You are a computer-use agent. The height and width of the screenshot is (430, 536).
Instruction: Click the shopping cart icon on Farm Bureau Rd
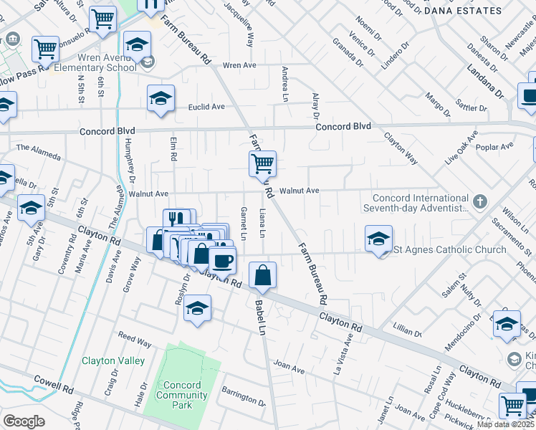coord(262,163)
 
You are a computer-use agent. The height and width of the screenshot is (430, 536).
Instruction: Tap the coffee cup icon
coord(222,260)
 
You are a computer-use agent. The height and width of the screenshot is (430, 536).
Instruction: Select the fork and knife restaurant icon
coord(176,219)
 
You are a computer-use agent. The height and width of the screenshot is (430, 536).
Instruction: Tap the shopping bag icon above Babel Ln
coord(263,274)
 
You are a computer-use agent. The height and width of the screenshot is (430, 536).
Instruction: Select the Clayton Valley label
coord(113,361)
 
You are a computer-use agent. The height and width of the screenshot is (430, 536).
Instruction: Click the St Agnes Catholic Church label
coord(450,250)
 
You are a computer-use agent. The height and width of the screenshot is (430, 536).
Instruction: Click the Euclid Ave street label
coord(206,107)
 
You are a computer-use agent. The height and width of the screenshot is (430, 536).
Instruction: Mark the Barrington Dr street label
coord(244,394)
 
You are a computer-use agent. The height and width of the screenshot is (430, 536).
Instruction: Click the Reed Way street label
coord(135,336)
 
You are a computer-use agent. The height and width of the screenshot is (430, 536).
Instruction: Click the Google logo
coord(24,421)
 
